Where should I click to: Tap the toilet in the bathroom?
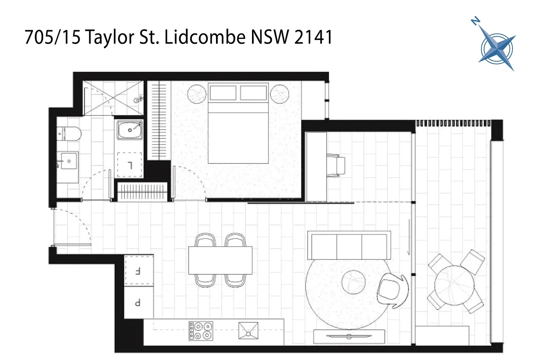pos(69,134)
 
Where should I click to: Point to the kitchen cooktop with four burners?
pos(201,331)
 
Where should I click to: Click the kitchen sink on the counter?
pos(248,331)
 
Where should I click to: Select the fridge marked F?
pos(139,270)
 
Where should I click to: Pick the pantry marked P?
pos(139,302)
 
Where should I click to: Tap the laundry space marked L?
pos(130,165)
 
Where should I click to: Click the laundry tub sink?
pos(130,130)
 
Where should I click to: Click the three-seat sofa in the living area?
pos(349,245)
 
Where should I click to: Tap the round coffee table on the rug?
pos(353,282)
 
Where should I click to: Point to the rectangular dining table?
pos(220,260)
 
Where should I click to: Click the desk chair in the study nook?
pos(336,165)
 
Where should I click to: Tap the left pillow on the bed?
pos(223,92)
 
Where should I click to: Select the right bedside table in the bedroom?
pos(279,94)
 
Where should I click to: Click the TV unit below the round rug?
pos(349,336)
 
